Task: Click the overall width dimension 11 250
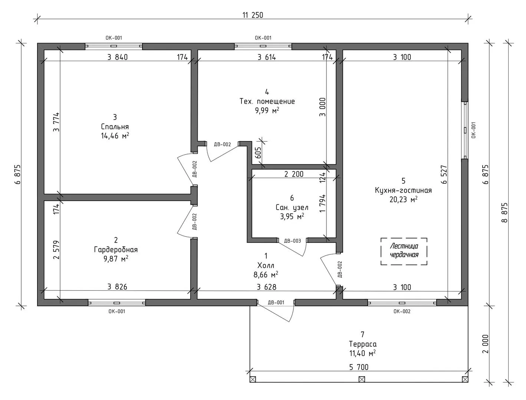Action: click(x=253, y=15)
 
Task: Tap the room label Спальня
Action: click(x=115, y=127)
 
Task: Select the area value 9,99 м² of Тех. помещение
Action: click(x=267, y=111)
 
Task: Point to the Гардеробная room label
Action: click(x=116, y=249)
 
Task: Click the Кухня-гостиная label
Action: click(x=403, y=190)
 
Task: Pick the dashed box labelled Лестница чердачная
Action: click(x=404, y=251)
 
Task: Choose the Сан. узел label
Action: click(x=292, y=207)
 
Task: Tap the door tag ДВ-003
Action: click(x=292, y=241)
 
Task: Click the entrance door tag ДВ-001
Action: click(x=276, y=303)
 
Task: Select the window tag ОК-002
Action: click(x=402, y=311)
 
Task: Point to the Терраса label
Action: click(x=362, y=344)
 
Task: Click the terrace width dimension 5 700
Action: click(x=359, y=367)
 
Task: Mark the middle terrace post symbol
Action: click(x=362, y=379)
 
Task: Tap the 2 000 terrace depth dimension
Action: click(x=486, y=344)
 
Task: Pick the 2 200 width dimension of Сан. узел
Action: click(x=294, y=174)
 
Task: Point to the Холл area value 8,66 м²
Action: click(x=266, y=275)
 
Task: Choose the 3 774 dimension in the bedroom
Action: click(x=56, y=122)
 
